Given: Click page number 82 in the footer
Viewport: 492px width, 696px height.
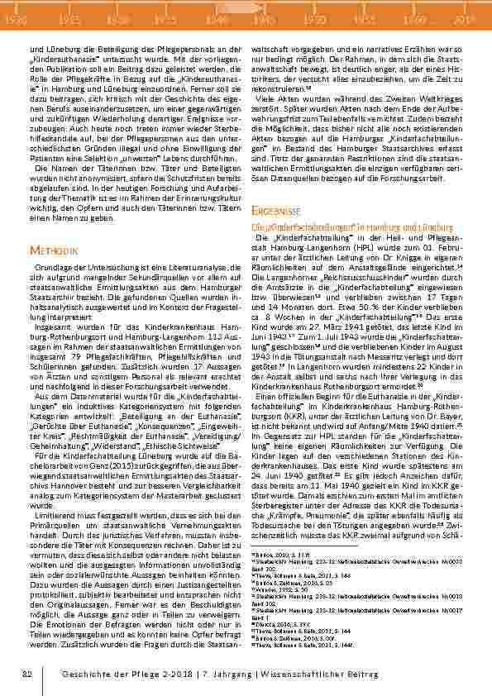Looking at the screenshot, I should (27, 675).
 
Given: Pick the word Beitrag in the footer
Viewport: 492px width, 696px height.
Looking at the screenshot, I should (361, 675).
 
